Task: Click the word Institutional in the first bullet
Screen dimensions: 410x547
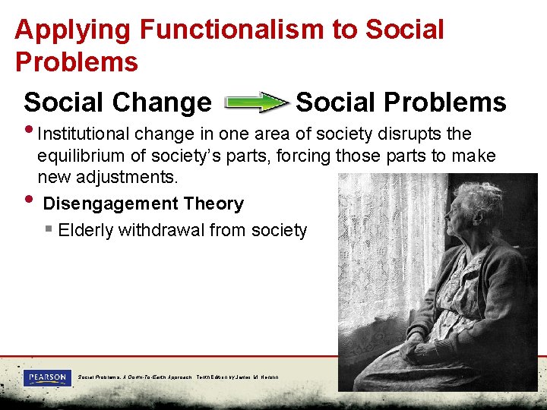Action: (84, 134)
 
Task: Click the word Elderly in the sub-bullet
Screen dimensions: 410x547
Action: (84, 230)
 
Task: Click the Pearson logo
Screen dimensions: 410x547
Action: (47, 377)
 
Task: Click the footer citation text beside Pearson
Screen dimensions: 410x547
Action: (178, 377)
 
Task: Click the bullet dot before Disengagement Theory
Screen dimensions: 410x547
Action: (29, 200)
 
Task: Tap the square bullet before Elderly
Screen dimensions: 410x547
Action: (49, 229)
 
